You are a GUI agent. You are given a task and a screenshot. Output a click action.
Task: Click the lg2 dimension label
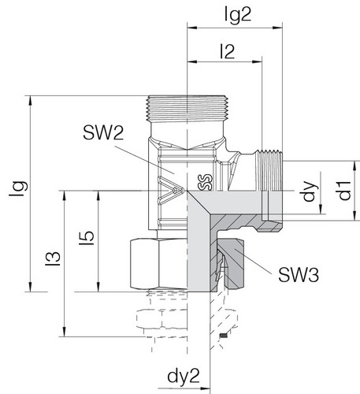pos(238,15)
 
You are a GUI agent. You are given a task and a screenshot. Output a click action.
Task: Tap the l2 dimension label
pos(228,51)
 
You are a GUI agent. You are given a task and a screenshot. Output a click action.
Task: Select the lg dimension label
pos(19,188)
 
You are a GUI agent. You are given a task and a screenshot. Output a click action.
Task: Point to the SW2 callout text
pos(103,133)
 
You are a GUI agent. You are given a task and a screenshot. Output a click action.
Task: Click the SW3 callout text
pos(299,275)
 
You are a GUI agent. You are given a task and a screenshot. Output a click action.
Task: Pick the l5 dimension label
pos(87,238)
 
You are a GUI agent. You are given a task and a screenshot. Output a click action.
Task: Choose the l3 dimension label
pos(53,258)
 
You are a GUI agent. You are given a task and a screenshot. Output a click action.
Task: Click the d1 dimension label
pos(344,191)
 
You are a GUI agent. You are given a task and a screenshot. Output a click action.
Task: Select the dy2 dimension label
pos(184,377)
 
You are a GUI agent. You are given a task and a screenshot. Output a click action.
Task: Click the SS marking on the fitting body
pos(205,182)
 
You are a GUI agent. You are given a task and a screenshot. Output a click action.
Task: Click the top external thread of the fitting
pos(187,109)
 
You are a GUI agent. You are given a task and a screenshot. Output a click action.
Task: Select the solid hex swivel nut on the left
pos(158,264)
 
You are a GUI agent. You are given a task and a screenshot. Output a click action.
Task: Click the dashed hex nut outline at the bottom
pos(161,319)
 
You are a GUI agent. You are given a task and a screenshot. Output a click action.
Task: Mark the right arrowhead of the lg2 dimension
pos(277,28)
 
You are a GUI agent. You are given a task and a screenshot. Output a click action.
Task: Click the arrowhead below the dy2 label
pos(206,388)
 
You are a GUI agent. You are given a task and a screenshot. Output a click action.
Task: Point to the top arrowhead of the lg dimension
pos(31,100)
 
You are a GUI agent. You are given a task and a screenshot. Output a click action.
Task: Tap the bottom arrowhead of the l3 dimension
pos(64,332)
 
